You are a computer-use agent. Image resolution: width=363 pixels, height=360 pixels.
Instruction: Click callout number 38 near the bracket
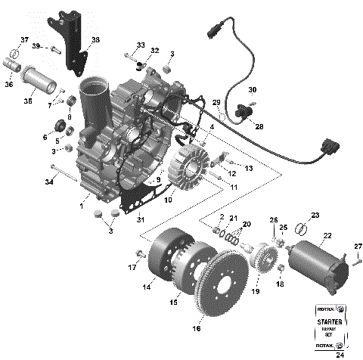[95, 40]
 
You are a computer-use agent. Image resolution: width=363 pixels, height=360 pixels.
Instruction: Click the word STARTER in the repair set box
[330, 321]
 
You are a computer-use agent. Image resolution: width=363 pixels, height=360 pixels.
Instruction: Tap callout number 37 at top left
[23, 39]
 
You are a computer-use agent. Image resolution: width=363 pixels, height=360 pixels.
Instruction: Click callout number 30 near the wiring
[252, 88]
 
